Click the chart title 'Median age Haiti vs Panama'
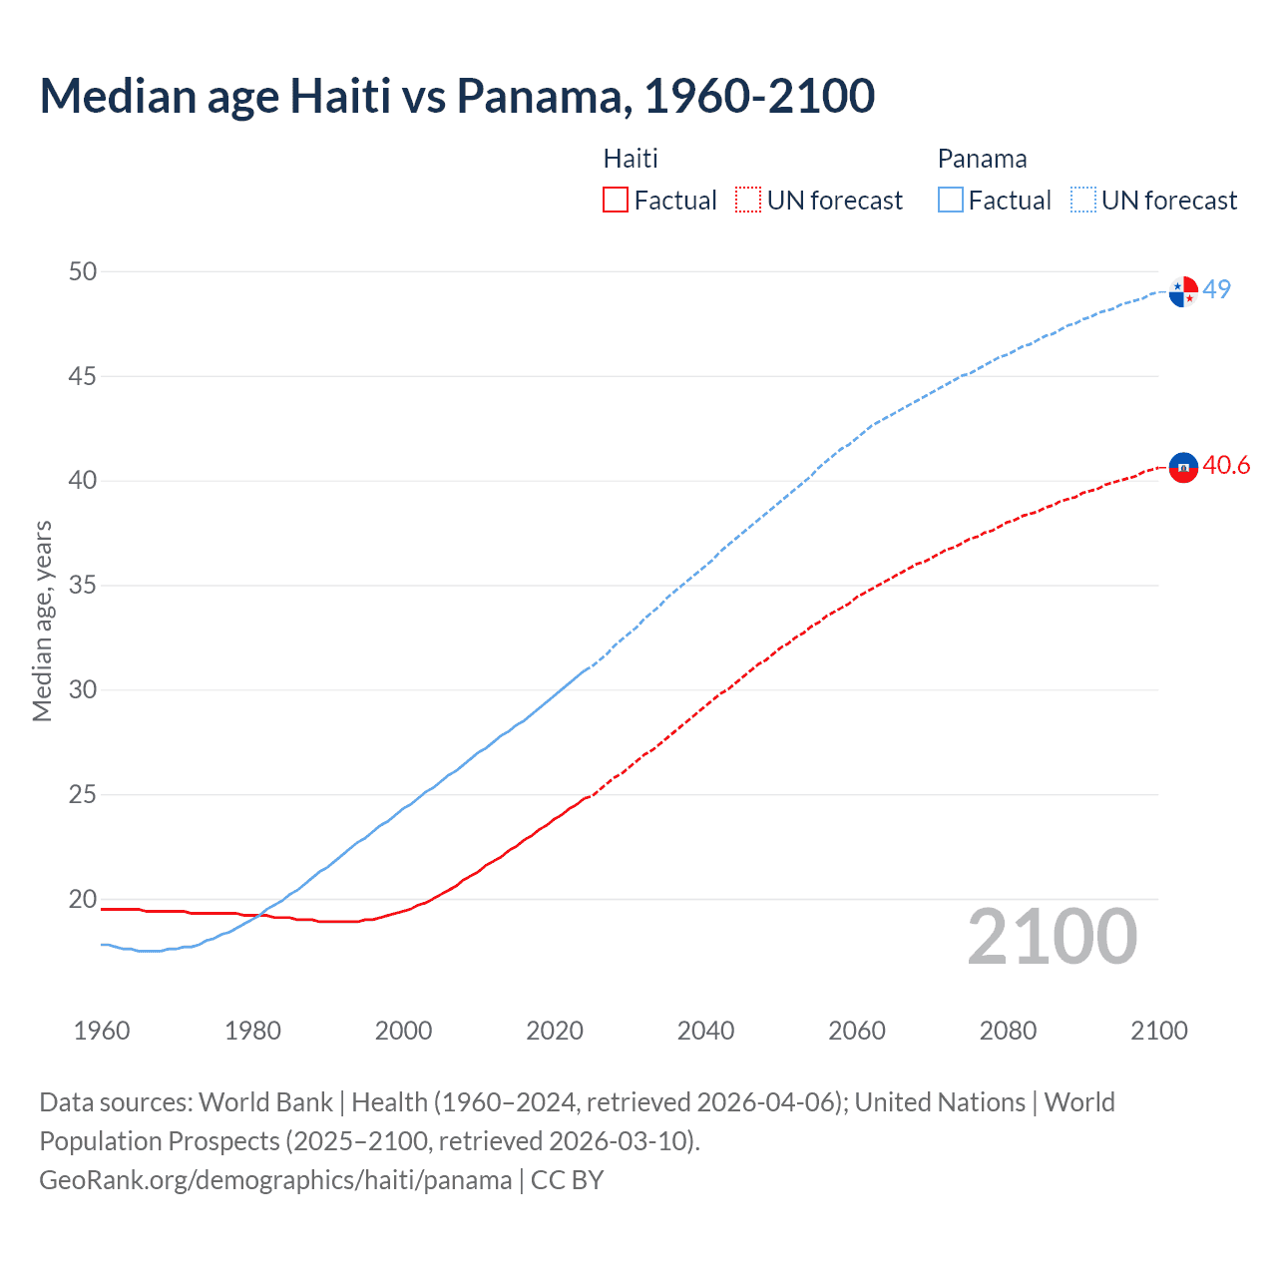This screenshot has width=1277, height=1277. click(x=457, y=97)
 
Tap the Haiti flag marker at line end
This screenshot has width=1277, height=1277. click(x=1183, y=467)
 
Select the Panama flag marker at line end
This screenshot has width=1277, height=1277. click(x=1183, y=291)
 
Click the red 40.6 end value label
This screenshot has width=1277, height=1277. click(x=1226, y=466)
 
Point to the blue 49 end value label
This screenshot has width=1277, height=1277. click(x=1217, y=289)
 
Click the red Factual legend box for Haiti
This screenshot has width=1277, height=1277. click(x=616, y=201)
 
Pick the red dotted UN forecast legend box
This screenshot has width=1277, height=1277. click(x=748, y=201)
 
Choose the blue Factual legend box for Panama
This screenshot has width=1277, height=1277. click(x=951, y=201)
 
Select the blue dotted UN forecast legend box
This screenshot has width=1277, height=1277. click(x=1083, y=201)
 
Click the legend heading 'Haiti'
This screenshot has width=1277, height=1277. click(x=631, y=160)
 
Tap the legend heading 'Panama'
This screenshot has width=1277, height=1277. click(x=982, y=160)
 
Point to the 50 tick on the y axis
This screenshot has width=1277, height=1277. click(x=83, y=272)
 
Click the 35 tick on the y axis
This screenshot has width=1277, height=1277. click(x=83, y=586)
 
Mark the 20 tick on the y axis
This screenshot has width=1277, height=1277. click(x=83, y=899)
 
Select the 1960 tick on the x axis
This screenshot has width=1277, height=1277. click(x=102, y=1031)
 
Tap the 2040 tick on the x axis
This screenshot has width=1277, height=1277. click(x=705, y=1031)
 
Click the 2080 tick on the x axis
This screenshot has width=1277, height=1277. click(x=1008, y=1031)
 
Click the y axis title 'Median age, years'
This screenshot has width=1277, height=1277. click(x=42, y=621)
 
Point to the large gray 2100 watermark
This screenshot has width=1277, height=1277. click(x=1053, y=937)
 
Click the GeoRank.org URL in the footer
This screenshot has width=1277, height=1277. click(x=275, y=1180)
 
